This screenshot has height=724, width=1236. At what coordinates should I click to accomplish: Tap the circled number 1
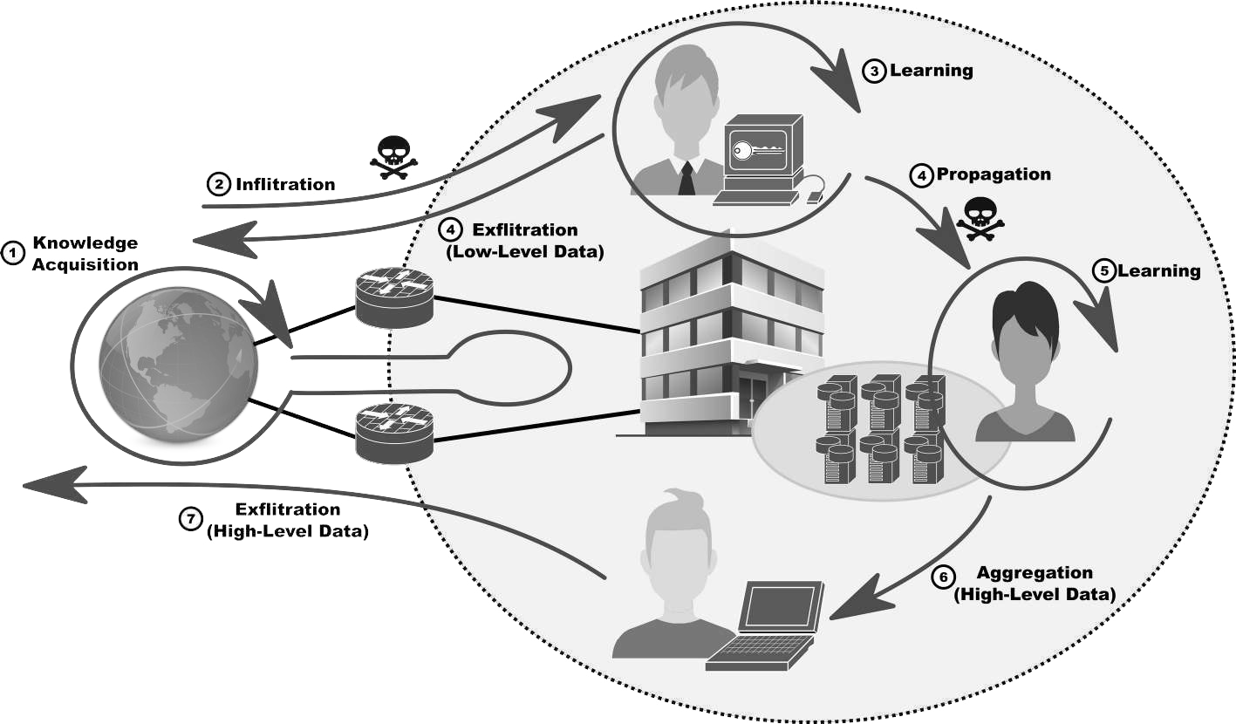click(x=13, y=254)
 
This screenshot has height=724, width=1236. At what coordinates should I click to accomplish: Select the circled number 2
click(x=219, y=184)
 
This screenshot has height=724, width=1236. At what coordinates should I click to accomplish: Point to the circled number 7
click(x=190, y=519)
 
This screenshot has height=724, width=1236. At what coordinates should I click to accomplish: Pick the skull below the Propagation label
click(x=980, y=218)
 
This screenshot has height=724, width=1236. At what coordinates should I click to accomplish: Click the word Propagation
click(x=994, y=174)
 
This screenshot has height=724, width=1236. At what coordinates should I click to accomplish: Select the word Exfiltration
click(x=524, y=230)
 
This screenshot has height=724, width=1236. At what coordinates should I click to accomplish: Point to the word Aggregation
click(x=1035, y=573)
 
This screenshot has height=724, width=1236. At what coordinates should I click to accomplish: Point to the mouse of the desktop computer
click(x=815, y=197)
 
